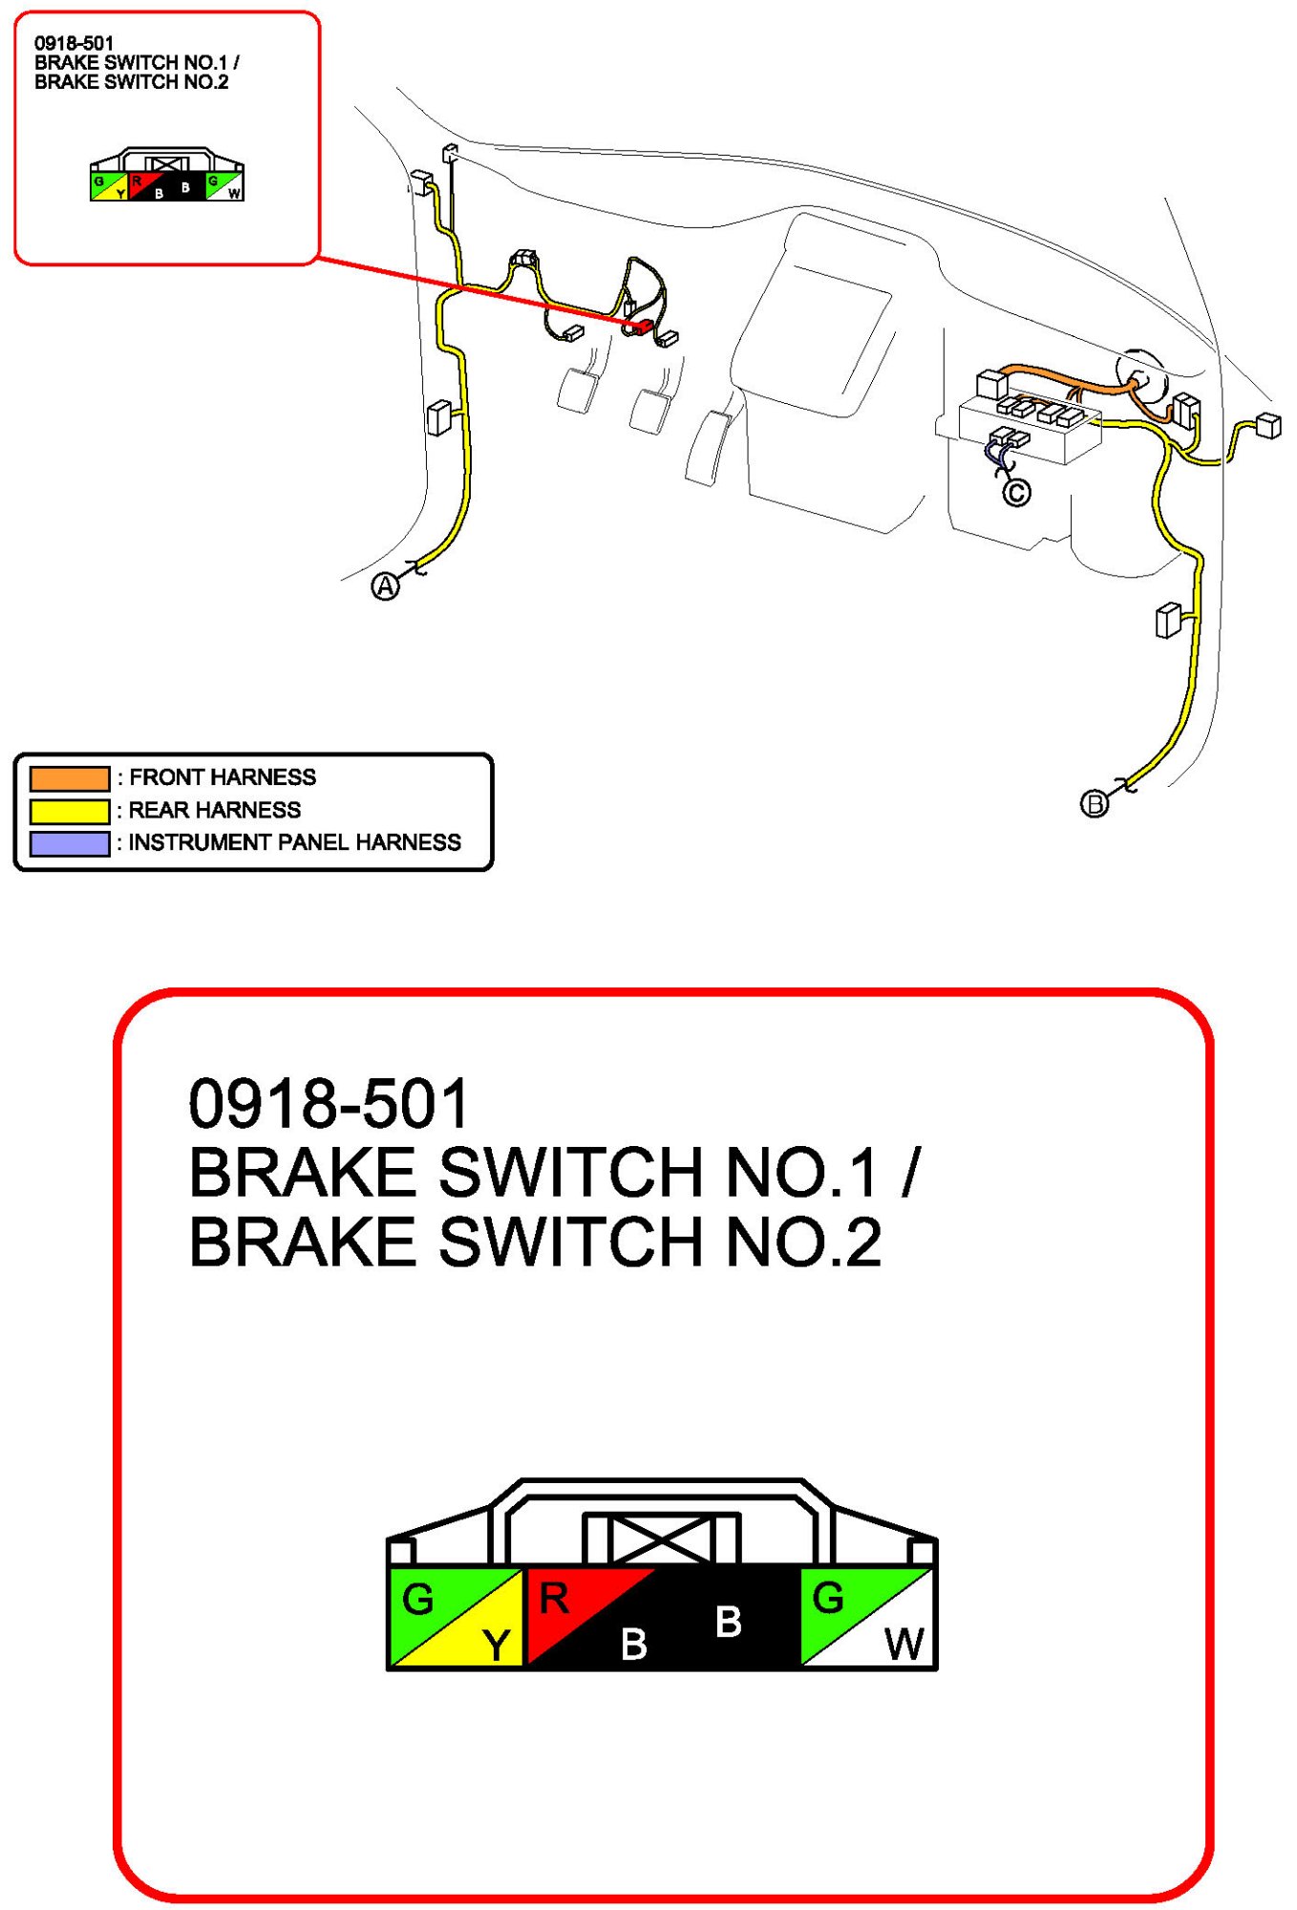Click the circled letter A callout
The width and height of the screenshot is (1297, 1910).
click(x=385, y=586)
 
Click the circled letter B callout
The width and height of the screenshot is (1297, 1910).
click(x=1095, y=804)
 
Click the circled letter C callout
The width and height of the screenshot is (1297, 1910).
click(x=1016, y=493)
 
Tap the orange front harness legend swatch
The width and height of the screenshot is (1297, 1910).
click(x=70, y=778)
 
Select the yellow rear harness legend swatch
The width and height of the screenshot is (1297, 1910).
click(x=70, y=811)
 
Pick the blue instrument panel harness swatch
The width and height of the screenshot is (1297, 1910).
click(x=70, y=843)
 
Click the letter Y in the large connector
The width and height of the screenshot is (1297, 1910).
click(x=496, y=1645)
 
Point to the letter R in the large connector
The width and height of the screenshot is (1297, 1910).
click(x=554, y=1599)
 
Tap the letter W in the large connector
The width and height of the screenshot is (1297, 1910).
click(x=904, y=1645)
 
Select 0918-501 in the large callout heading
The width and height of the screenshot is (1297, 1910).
click(x=329, y=1104)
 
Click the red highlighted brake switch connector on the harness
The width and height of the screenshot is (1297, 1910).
click(x=640, y=327)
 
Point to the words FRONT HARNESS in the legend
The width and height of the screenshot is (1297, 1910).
click(x=223, y=777)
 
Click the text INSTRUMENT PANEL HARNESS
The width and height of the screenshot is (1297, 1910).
click(x=294, y=842)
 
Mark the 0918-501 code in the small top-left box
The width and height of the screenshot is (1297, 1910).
click(x=74, y=43)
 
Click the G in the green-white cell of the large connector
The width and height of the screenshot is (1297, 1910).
click(x=828, y=1599)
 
